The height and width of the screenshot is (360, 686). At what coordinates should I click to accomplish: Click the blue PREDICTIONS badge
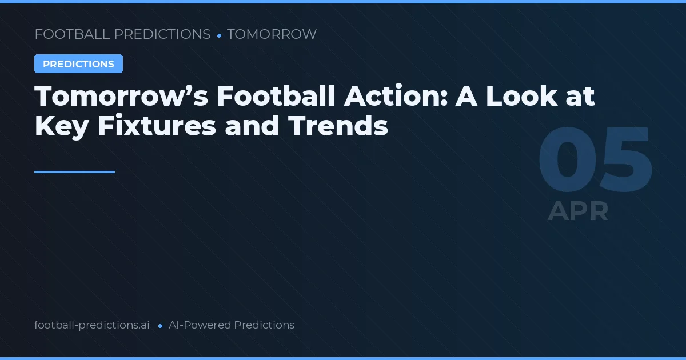pos(78,64)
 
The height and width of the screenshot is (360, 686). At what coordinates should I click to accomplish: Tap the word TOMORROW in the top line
pos(272,34)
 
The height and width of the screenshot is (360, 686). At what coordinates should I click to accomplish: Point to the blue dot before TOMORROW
pos(219,35)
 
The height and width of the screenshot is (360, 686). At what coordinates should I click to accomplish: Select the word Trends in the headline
pos(338,126)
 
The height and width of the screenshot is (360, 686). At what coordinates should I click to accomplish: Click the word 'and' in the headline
pos(252,126)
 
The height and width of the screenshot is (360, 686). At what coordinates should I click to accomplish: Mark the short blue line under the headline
pos(74,171)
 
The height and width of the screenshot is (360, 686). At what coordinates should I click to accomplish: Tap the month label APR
pos(578,211)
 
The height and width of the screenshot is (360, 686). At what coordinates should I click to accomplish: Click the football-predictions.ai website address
pos(92,325)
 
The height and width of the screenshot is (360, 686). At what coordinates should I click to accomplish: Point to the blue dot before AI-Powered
pos(160,326)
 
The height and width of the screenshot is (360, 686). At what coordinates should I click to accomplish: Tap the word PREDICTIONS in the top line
pos(162,34)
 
